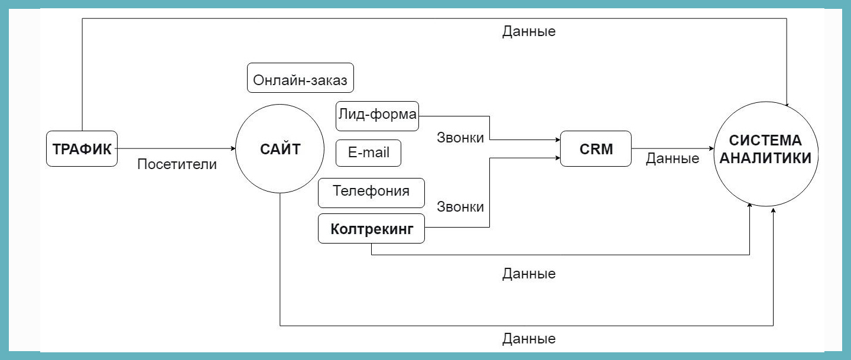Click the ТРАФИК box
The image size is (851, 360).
click(82, 148)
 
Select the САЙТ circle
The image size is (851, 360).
click(280, 148)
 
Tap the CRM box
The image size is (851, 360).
click(596, 148)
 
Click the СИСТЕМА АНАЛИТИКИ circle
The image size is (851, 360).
click(766, 154)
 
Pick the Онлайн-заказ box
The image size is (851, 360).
click(300, 78)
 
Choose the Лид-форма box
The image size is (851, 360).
click(377, 116)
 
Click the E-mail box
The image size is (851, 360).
click(369, 153)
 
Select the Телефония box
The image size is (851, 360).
click(371, 193)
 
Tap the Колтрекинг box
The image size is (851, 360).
click(371, 228)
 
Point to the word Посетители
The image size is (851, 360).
click(177, 164)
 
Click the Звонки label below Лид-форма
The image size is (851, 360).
click(460, 138)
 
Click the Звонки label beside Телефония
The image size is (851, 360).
click(460, 207)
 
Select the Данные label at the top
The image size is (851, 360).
click(529, 31)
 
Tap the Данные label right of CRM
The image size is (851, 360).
click(673, 158)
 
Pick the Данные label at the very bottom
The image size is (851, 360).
click(529, 339)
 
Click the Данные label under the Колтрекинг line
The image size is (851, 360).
click(529, 274)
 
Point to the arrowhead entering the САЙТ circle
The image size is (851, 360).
click(233, 148)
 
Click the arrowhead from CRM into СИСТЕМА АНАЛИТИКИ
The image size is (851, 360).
click(711, 148)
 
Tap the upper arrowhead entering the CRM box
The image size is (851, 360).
click(558, 140)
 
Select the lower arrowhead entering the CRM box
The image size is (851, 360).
click(558, 158)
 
